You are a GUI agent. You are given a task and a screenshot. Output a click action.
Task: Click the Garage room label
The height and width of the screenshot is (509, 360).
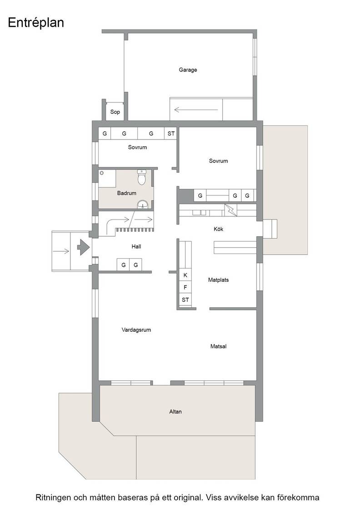[x=188, y=70]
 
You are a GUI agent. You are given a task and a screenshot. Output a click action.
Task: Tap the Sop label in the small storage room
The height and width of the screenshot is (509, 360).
[x=115, y=112]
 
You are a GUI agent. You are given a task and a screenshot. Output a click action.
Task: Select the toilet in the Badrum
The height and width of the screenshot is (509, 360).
[x=142, y=177]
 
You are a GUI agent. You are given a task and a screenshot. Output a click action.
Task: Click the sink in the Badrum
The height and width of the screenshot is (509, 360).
[x=143, y=205]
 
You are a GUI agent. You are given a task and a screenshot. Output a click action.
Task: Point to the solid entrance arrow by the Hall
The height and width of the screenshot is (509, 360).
[x=83, y=247]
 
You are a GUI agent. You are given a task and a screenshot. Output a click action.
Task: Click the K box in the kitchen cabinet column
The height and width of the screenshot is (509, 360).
[x=185, y=275]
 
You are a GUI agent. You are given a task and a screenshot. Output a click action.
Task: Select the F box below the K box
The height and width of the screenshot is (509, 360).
[x=185, y=287]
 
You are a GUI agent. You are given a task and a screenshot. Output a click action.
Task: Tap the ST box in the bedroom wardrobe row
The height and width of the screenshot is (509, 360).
[x=171, y=134]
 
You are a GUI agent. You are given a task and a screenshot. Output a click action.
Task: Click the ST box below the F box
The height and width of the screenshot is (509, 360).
[x=185, y=299]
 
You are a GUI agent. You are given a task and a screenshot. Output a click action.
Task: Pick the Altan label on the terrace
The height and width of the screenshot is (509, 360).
[x=175, y=412]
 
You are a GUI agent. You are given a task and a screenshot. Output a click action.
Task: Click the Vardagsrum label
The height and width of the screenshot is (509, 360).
[x=136, y=330]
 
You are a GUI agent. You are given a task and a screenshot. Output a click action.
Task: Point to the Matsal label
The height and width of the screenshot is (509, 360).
[x=218, y=346]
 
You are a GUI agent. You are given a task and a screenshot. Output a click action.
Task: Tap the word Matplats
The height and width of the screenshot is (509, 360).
[x=218, y=280]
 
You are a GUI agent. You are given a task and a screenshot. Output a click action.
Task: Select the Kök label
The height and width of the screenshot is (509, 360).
[x=218, y=229]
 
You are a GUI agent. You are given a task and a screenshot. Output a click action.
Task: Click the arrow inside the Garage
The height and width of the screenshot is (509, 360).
[x=196, y=110]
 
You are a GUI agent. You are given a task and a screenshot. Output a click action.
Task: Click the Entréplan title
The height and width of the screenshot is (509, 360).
[x=36, y=23]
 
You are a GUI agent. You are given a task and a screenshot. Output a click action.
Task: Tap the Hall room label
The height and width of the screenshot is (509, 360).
[x=136, y=246]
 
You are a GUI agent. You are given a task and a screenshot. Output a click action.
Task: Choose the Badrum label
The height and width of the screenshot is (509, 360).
[x=127, y=193]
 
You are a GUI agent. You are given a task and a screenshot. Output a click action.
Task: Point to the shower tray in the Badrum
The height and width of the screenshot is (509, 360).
[x=107, y=178]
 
